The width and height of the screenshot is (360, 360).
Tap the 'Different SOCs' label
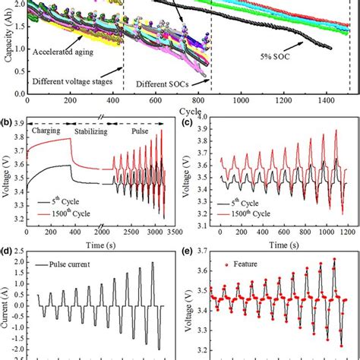point(166,84)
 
